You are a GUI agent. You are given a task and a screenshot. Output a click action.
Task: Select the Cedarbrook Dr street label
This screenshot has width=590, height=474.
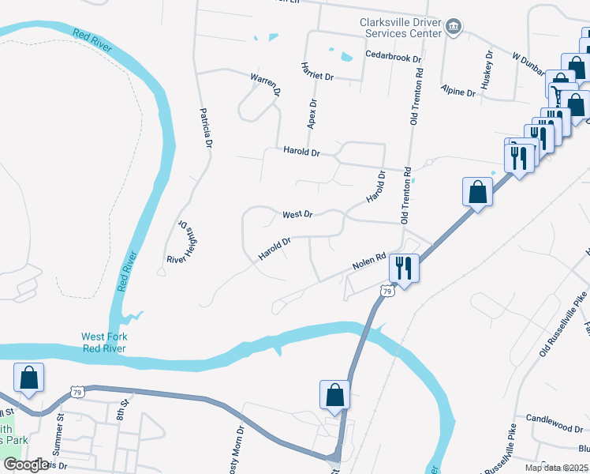pos(394,58)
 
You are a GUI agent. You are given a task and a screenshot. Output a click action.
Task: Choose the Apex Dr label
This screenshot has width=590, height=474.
pos(312,114)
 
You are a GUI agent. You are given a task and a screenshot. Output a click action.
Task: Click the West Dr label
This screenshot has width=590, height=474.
pos(298,214)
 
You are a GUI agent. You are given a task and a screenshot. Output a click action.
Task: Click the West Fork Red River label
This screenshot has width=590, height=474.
pos(104,342)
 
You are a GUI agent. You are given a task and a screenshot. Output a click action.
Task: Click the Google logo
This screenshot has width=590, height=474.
pos(26,465)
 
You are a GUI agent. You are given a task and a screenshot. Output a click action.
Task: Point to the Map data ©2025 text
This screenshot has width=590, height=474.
pos(556,468)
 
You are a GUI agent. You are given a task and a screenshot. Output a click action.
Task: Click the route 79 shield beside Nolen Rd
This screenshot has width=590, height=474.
pos(386,291)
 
